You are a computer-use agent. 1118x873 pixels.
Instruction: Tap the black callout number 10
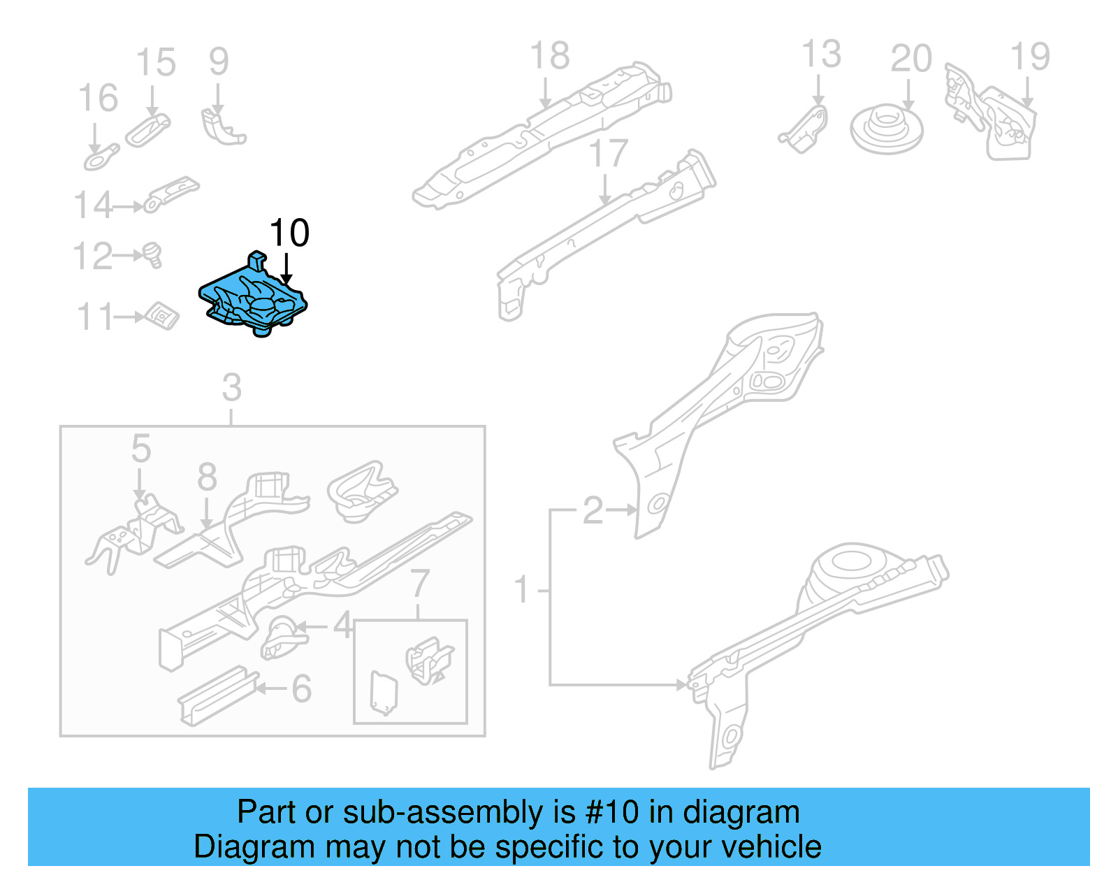coord(289,233)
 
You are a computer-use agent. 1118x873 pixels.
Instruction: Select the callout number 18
coord(549,56)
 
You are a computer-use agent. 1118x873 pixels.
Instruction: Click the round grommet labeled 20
coord(886,129)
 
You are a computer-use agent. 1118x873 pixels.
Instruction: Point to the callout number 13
coord(820,55)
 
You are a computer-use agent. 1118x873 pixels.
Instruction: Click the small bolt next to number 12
coord(153,254)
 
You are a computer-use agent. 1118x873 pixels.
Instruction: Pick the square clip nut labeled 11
coord(162,316)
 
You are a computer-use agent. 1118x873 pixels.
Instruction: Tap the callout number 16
coord(98,98)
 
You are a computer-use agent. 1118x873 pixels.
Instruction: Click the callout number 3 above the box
coord(231,387)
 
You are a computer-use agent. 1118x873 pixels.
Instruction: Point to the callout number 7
coord(419,583)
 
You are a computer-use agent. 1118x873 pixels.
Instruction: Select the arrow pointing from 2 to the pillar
coord(621,510)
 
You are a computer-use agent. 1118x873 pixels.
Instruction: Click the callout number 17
coord(608,153)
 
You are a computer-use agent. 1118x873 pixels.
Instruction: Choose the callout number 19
coord(1029,57)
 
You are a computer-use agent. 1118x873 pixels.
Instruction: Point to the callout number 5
coord(140,448)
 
